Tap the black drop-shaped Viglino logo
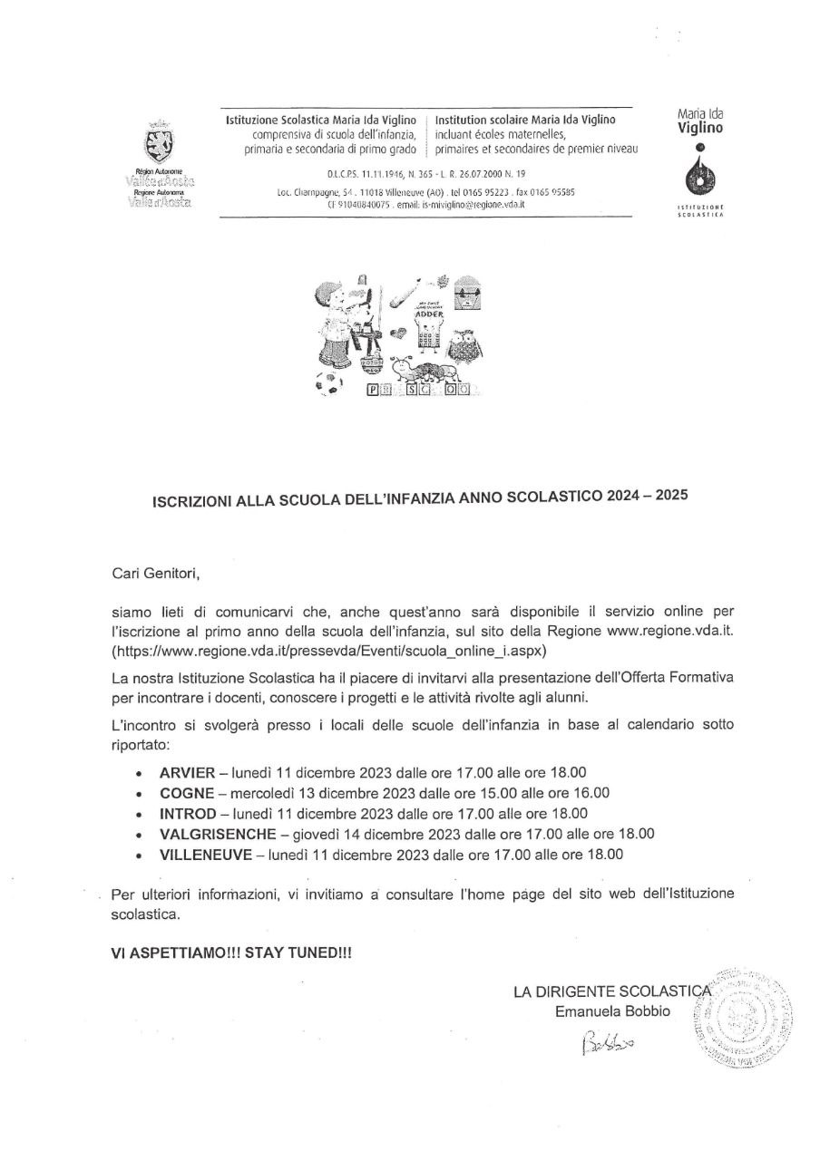pyautogui.click(x=698, y=174)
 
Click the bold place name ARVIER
pyautogui.click(x=187, y=773)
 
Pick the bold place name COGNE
pyautogui.click(x=186, y=793)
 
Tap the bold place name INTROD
pyautogui.click(x=188, y=813)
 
